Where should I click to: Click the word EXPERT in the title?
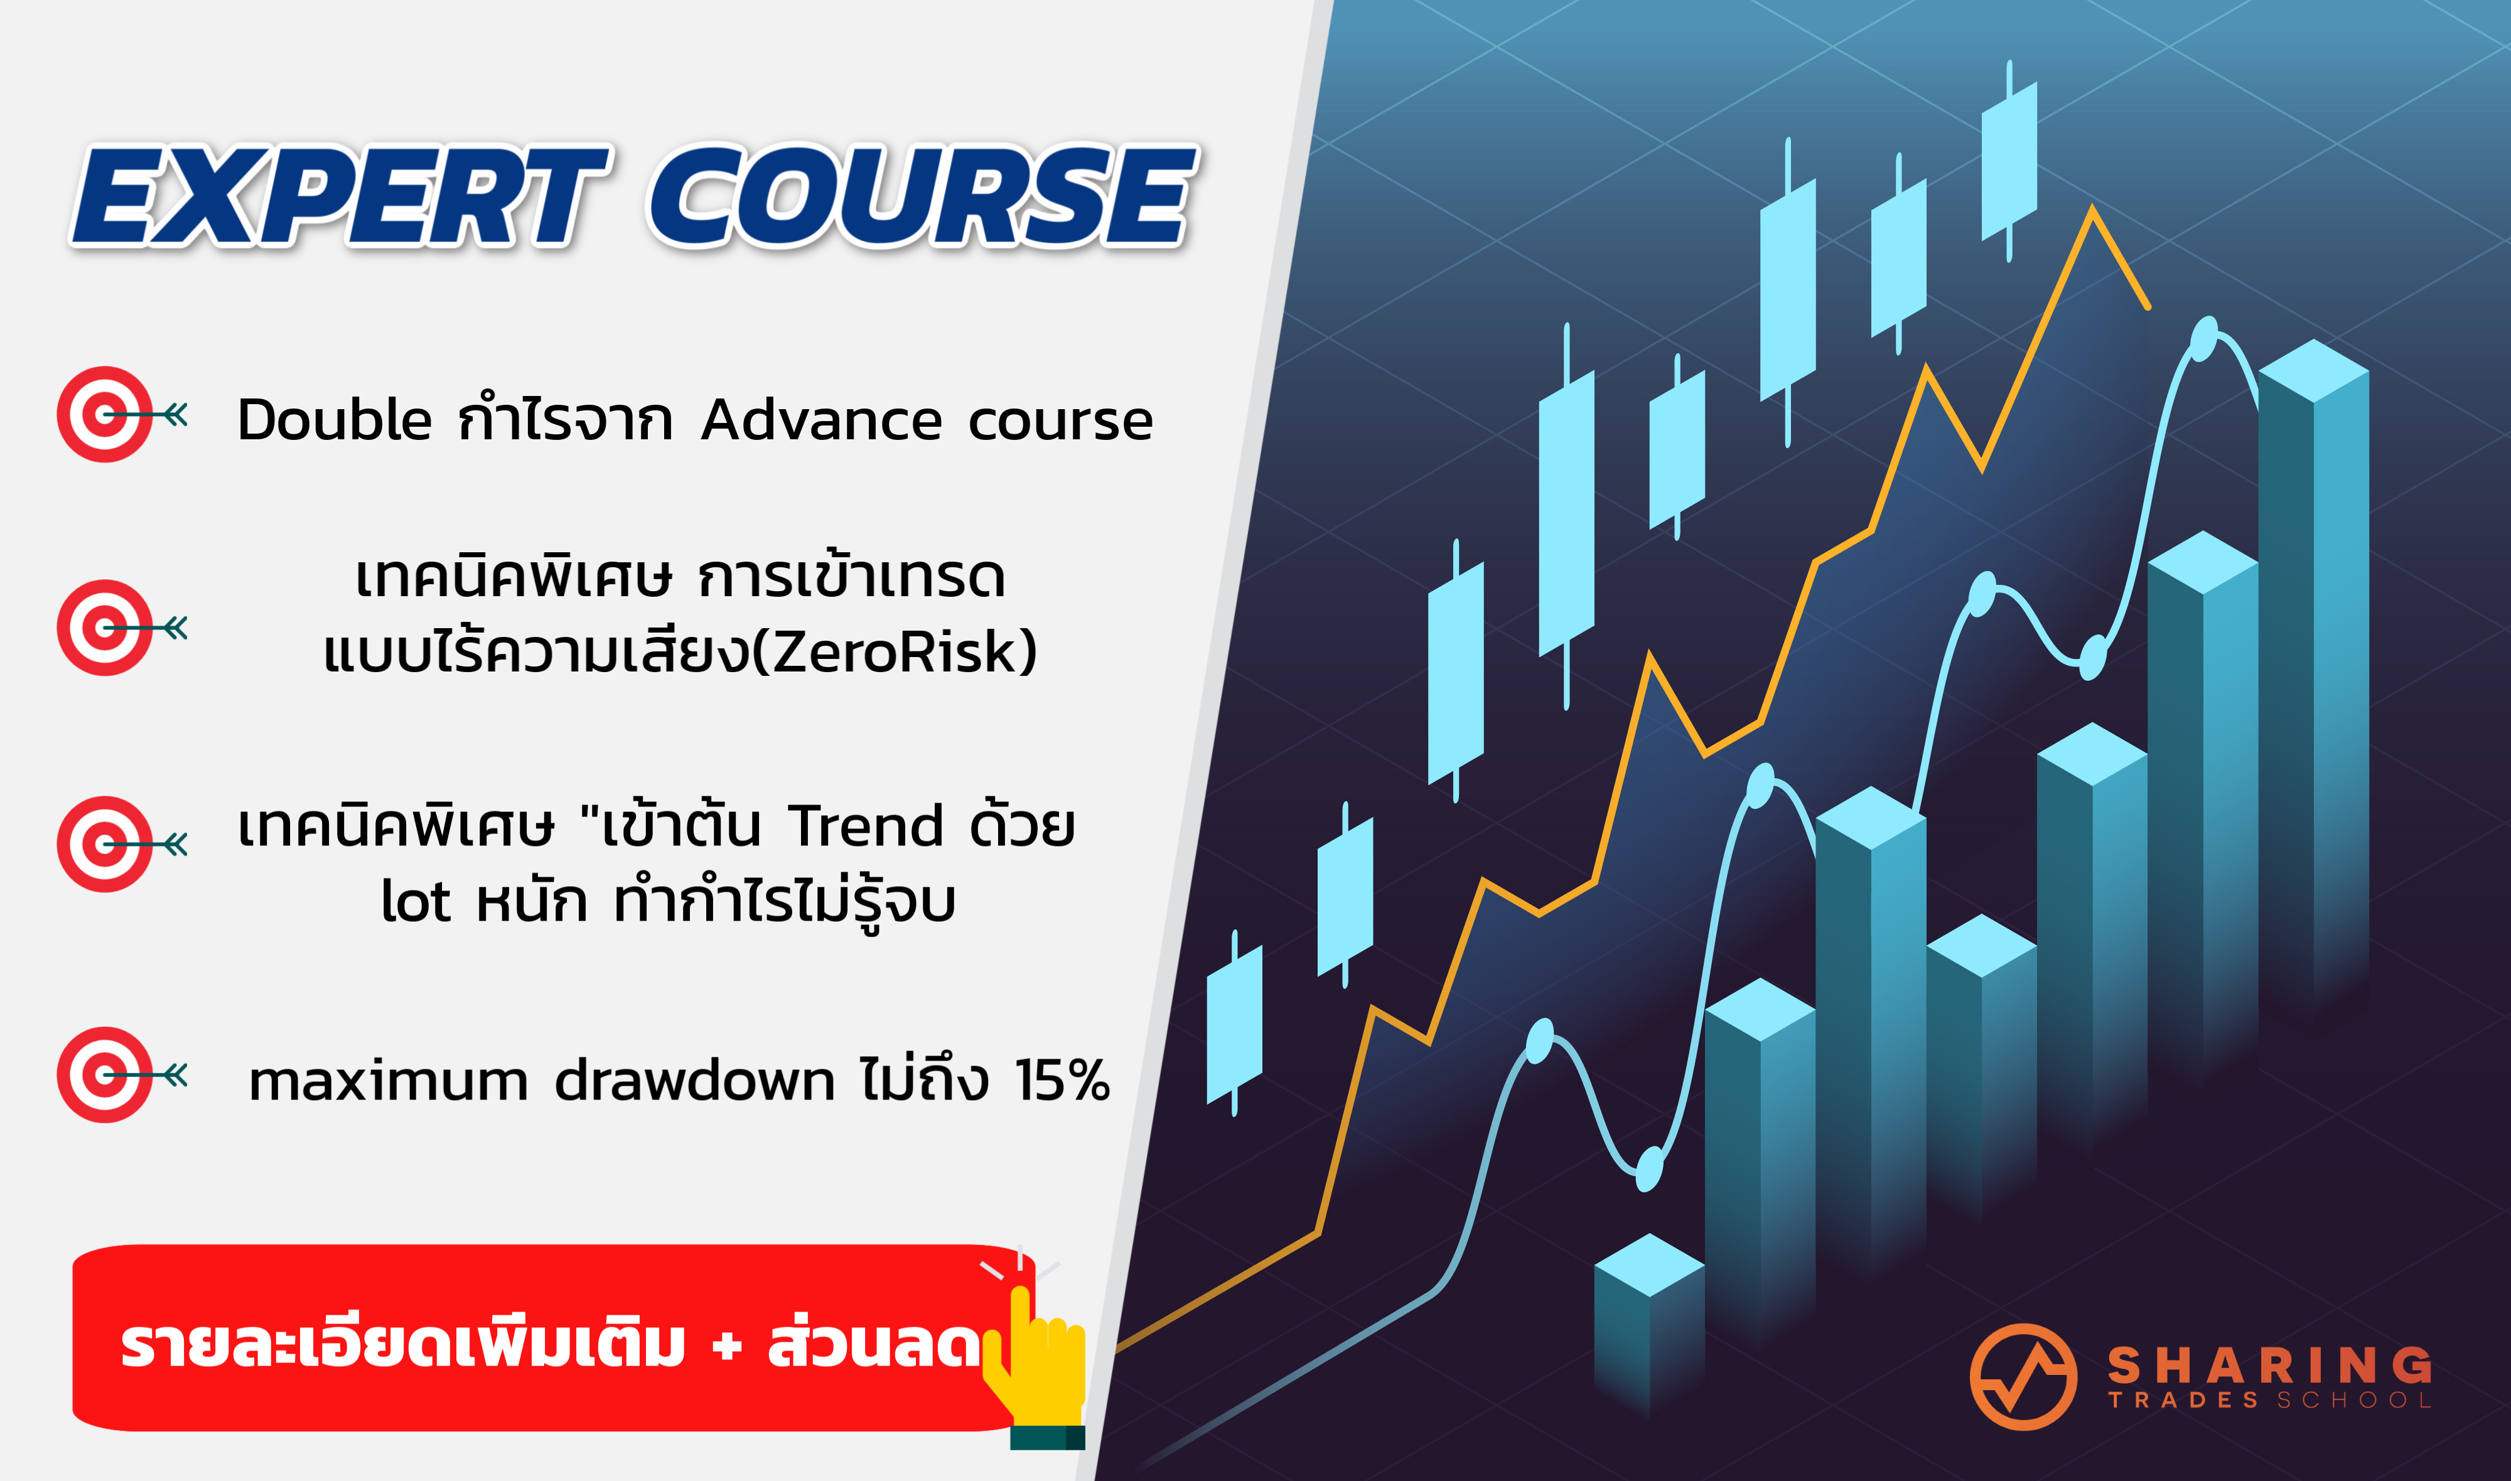[x=340, y=196]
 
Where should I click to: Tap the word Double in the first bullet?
[x=335, y=419]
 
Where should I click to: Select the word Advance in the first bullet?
[x=821, y=419]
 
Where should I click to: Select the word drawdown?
[x=695, y=1080]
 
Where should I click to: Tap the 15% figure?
[x=1062, y=1080]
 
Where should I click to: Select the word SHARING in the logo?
[x=2269, y=1364]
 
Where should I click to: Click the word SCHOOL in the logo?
[x=2353, y=1400]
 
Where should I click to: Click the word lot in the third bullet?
[x=416, y=901]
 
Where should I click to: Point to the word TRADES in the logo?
[x=2184, y=1400]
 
